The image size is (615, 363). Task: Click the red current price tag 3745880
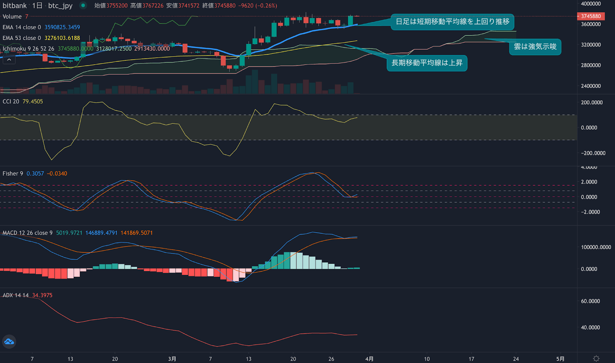pos(591,16)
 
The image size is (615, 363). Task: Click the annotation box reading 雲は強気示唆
pos(535,47)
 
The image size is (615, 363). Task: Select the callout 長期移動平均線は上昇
pos(427,63)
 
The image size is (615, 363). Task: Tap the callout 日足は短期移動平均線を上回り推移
pos(452,22)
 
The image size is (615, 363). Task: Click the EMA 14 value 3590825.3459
pos(62,27)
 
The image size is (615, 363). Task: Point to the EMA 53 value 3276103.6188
pos(62,38)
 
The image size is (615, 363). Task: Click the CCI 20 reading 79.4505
pos(33,102)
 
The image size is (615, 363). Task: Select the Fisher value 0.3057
pos(35,174)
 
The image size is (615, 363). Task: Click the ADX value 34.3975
pos(42,295)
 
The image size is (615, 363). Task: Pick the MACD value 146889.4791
pos(101,233)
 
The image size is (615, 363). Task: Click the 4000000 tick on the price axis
pos(591,4)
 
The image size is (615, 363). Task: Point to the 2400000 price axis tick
pos(591,86)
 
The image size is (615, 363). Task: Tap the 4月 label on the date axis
pos(369,359)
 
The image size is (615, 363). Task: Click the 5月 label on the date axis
pos(560,359)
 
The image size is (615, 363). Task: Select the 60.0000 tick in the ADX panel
pos(590,301)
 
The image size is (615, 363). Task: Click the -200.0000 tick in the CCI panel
pos(593,153)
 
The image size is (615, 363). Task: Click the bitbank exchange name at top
pos(15,6)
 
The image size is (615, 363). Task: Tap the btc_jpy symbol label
pos(60,6)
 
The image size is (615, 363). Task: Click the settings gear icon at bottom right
pos(596,358)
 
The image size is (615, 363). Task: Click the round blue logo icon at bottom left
pos(9,341)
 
